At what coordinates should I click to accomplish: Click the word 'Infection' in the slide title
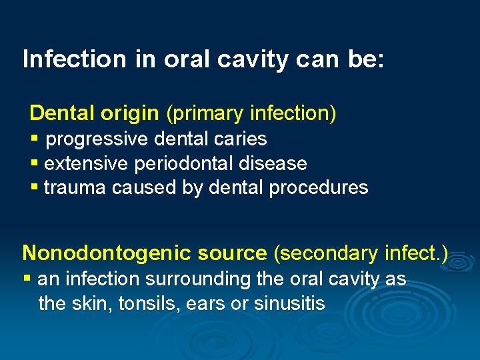point(73,59)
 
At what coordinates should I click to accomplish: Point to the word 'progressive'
point(99,139)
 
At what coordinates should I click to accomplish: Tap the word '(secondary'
point(325,253)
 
